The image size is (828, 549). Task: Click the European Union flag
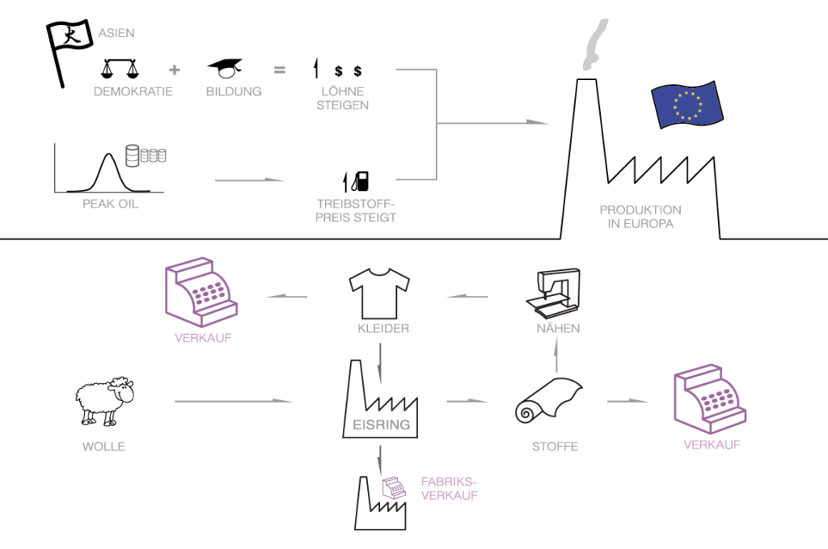[686, 104]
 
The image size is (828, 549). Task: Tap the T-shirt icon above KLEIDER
[379, 293]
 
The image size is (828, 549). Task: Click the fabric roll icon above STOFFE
[549, 402]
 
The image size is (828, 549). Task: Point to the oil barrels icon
[145, 154]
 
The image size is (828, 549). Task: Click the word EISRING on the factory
[382, 424]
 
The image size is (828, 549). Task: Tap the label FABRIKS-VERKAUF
[450, 488]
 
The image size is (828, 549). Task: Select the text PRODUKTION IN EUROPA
[640, 217]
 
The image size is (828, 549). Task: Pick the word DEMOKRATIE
[133, 91]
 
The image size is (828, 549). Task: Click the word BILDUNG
[234, 91]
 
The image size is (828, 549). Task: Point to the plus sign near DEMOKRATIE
[174, 70]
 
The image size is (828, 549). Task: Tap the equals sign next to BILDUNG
[280, 70]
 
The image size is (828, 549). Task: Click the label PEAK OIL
[111, 204]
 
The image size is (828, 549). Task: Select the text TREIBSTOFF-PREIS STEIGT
[357, 210]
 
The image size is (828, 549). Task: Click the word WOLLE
[103, 446]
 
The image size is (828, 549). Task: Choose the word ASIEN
[116, 33]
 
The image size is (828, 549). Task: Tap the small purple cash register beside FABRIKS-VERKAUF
[394, 487]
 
